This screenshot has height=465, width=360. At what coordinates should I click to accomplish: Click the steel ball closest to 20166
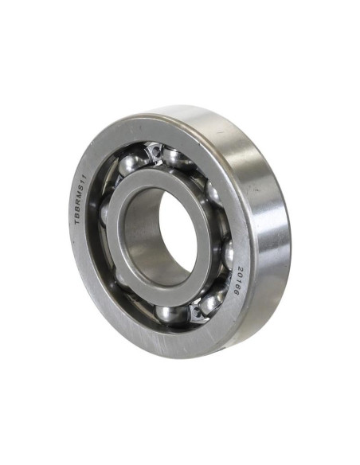[226, 255]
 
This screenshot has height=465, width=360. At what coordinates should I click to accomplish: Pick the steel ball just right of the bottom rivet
[213, 301]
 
